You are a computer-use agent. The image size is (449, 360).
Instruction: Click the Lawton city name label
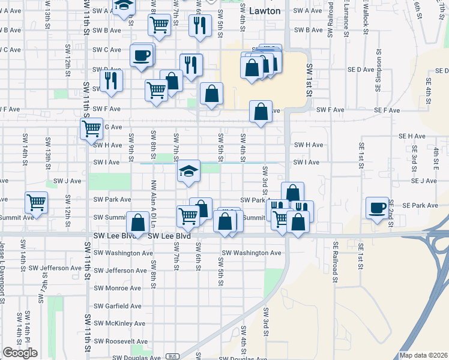(264, 11)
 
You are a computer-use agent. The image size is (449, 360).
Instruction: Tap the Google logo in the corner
(19, 353)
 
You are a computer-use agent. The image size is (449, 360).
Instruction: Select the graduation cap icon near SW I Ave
(188, 172)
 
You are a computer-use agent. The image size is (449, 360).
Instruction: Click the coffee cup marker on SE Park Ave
(377, 207)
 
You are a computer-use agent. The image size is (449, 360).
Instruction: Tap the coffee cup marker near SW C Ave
(142, 55)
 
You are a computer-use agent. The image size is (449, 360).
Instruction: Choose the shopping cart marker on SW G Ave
(91, 128)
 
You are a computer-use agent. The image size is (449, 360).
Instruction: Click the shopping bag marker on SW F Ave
(261, 112)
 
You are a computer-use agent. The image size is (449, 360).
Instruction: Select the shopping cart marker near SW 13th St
(37, 202)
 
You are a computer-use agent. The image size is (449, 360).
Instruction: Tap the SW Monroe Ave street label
(117, 288)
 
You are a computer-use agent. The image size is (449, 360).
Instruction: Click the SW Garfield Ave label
(117, 306)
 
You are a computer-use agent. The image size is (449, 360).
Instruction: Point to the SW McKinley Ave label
(119, 323)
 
